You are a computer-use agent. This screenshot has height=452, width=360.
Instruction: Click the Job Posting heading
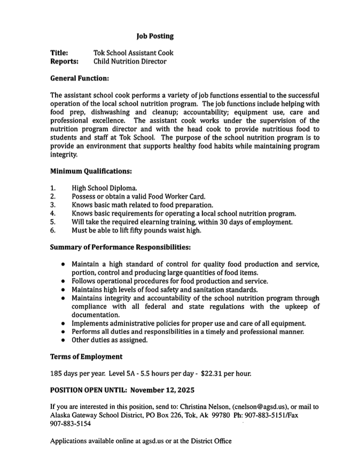pyautogui.click(x=155, y=36)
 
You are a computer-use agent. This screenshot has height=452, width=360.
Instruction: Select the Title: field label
pyautogui.click(x=59, y=53)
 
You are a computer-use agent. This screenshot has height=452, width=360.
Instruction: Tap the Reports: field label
pyautogui.click(x=64, y=61)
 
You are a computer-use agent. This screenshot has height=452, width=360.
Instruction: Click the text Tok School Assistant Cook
pyautogui.click(x=133, y=53)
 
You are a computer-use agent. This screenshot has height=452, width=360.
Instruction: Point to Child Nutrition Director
pyautogui.click(x=130, y=61)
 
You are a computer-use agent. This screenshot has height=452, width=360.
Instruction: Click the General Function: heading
pyautogui.click(x=80, y=79)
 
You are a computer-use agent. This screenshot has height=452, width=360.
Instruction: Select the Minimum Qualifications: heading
pyautogui.click(x=91, y=172)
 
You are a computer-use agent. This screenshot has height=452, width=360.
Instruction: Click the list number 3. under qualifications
pyautogui.click(x=53, y=205)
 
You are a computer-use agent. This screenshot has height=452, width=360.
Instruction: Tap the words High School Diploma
pyautogui.click(x=104, y=188)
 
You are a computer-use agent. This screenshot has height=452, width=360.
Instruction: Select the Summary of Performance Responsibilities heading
pyautogui.click(x=120, y=247)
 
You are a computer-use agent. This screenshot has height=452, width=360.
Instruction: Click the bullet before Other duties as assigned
pyautogui.click(x=64, y=340)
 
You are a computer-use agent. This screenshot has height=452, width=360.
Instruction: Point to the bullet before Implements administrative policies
pyautogui.click(x=64, y=324)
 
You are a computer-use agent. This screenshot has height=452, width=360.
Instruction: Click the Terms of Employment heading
pyautogui.click(x=86, y=356)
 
